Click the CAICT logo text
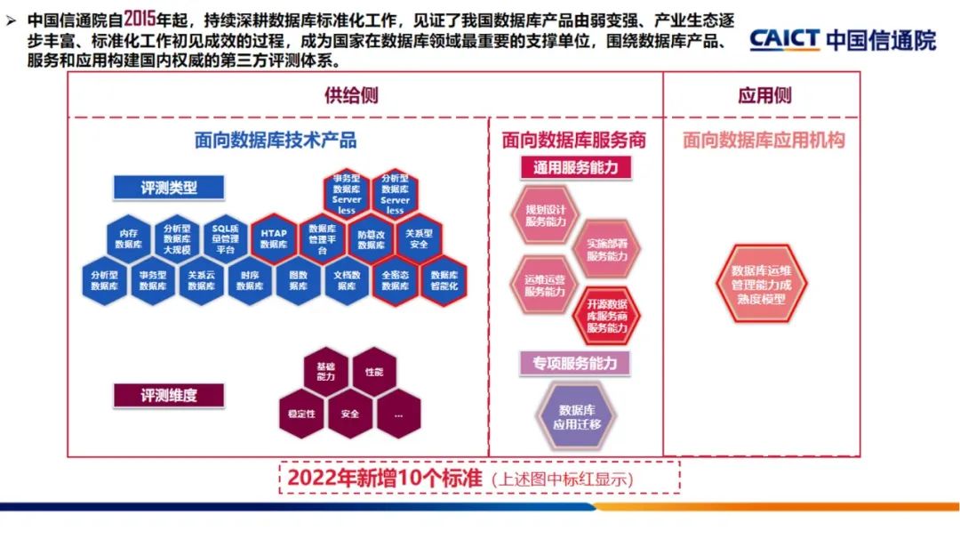[x=783, y=40]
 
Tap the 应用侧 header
[x=764, y=95]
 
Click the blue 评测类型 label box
[x=168, y=188]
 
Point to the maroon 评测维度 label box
[x=168, y=395]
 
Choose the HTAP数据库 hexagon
[x=273, y=237]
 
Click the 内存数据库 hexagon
[x=129, y=237]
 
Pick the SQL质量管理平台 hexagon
[x=225, y=237]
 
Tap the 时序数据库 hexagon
[x=250, y=280]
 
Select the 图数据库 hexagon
[x=298, y=280]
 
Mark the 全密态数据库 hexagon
[x=395, y=280]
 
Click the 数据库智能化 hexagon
[x=443, y=280]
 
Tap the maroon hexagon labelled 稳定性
[x=302, y=414]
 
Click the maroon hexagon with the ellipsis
[x=397, y=414]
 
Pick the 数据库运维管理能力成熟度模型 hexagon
[x=761, y=284]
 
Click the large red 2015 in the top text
[x=140, y=19]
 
